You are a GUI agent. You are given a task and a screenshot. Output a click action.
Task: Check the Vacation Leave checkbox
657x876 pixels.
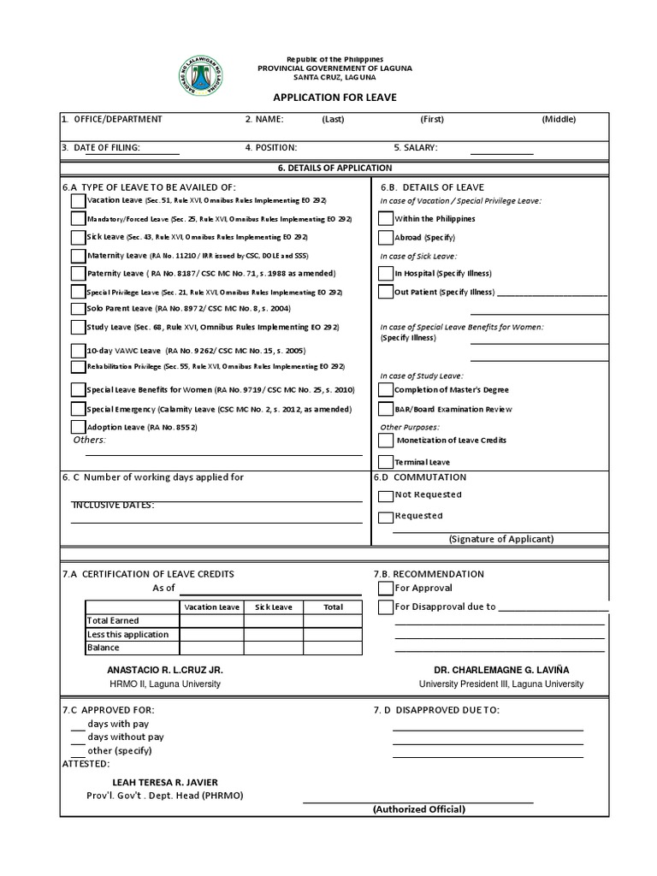coord(79,201)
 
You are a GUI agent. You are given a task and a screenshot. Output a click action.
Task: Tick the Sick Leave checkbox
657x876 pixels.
coord(79,237)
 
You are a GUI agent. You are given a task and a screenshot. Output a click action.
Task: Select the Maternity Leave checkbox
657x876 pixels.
coord(79,256)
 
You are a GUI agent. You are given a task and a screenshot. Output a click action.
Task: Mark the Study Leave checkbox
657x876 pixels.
coord(79,328)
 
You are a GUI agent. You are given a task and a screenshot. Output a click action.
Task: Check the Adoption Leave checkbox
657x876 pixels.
coord(79,427)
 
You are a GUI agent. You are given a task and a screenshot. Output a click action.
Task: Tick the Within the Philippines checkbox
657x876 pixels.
coord(386,219)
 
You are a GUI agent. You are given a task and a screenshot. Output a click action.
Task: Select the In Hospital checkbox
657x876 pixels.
coord(386,274)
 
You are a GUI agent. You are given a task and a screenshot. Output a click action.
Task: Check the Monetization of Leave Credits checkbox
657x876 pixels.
coord(386,441)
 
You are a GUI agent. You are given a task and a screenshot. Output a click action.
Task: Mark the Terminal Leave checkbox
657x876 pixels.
coord(386,462)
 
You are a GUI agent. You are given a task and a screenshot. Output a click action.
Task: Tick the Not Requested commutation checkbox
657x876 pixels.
coord(386,495)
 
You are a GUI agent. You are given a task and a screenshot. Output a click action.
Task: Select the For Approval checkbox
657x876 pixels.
coord(386,589)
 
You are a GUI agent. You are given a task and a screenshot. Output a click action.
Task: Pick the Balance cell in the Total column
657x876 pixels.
coord(333,648)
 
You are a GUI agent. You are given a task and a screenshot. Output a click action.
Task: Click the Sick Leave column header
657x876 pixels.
coord(272,607)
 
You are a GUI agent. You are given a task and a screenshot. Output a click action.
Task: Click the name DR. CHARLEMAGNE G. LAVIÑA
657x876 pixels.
coord(501,670)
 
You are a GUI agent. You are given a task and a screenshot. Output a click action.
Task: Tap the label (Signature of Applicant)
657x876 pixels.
coord(501,539)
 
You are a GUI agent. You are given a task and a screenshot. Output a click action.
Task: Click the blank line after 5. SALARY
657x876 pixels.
coord(501,152)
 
